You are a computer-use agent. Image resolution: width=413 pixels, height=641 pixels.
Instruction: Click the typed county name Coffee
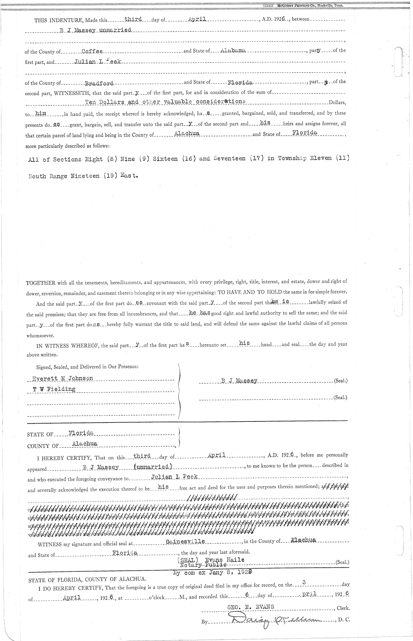tap(92, 51)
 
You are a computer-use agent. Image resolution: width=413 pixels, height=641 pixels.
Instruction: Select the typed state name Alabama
tap(233, 51)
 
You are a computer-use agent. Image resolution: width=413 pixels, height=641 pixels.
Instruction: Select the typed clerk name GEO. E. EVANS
tap(251, 607)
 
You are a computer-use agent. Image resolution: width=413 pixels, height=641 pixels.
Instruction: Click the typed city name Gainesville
tap(185, 541)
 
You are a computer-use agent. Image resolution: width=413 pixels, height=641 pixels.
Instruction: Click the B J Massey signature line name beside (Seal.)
tap(240, 381)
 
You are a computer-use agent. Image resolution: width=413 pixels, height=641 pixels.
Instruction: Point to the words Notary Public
tap(203, 565)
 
